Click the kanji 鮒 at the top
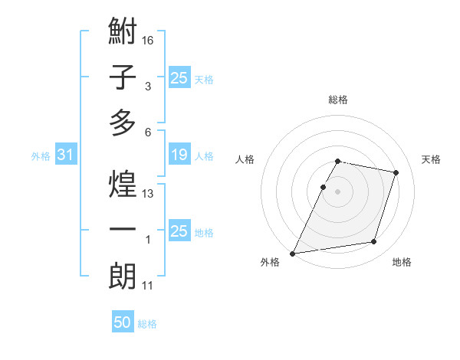click(x=123, y=33)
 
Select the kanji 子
click(x=123, y=77)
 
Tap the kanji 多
click(x=123, y=123)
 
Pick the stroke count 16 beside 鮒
click(x=148, y=40)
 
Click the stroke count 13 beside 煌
click(x=148, y=194)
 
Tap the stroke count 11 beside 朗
click(x=148, y=286)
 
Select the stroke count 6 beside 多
click(x=148, y=132)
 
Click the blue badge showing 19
click(x=179, y=155)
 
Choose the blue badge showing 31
click(x=66, y=155)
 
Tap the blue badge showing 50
click(x=122, y=322)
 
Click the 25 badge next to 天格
click(x=179, y=77)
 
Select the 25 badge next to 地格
click(x=179, y=231)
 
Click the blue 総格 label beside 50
click(x=147, y=324)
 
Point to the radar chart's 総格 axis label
click(x=337, y=100)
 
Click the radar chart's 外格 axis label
click(x=270, y=263)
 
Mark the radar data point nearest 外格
click(x=293, y=253)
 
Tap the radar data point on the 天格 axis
click(x=396, y=172)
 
